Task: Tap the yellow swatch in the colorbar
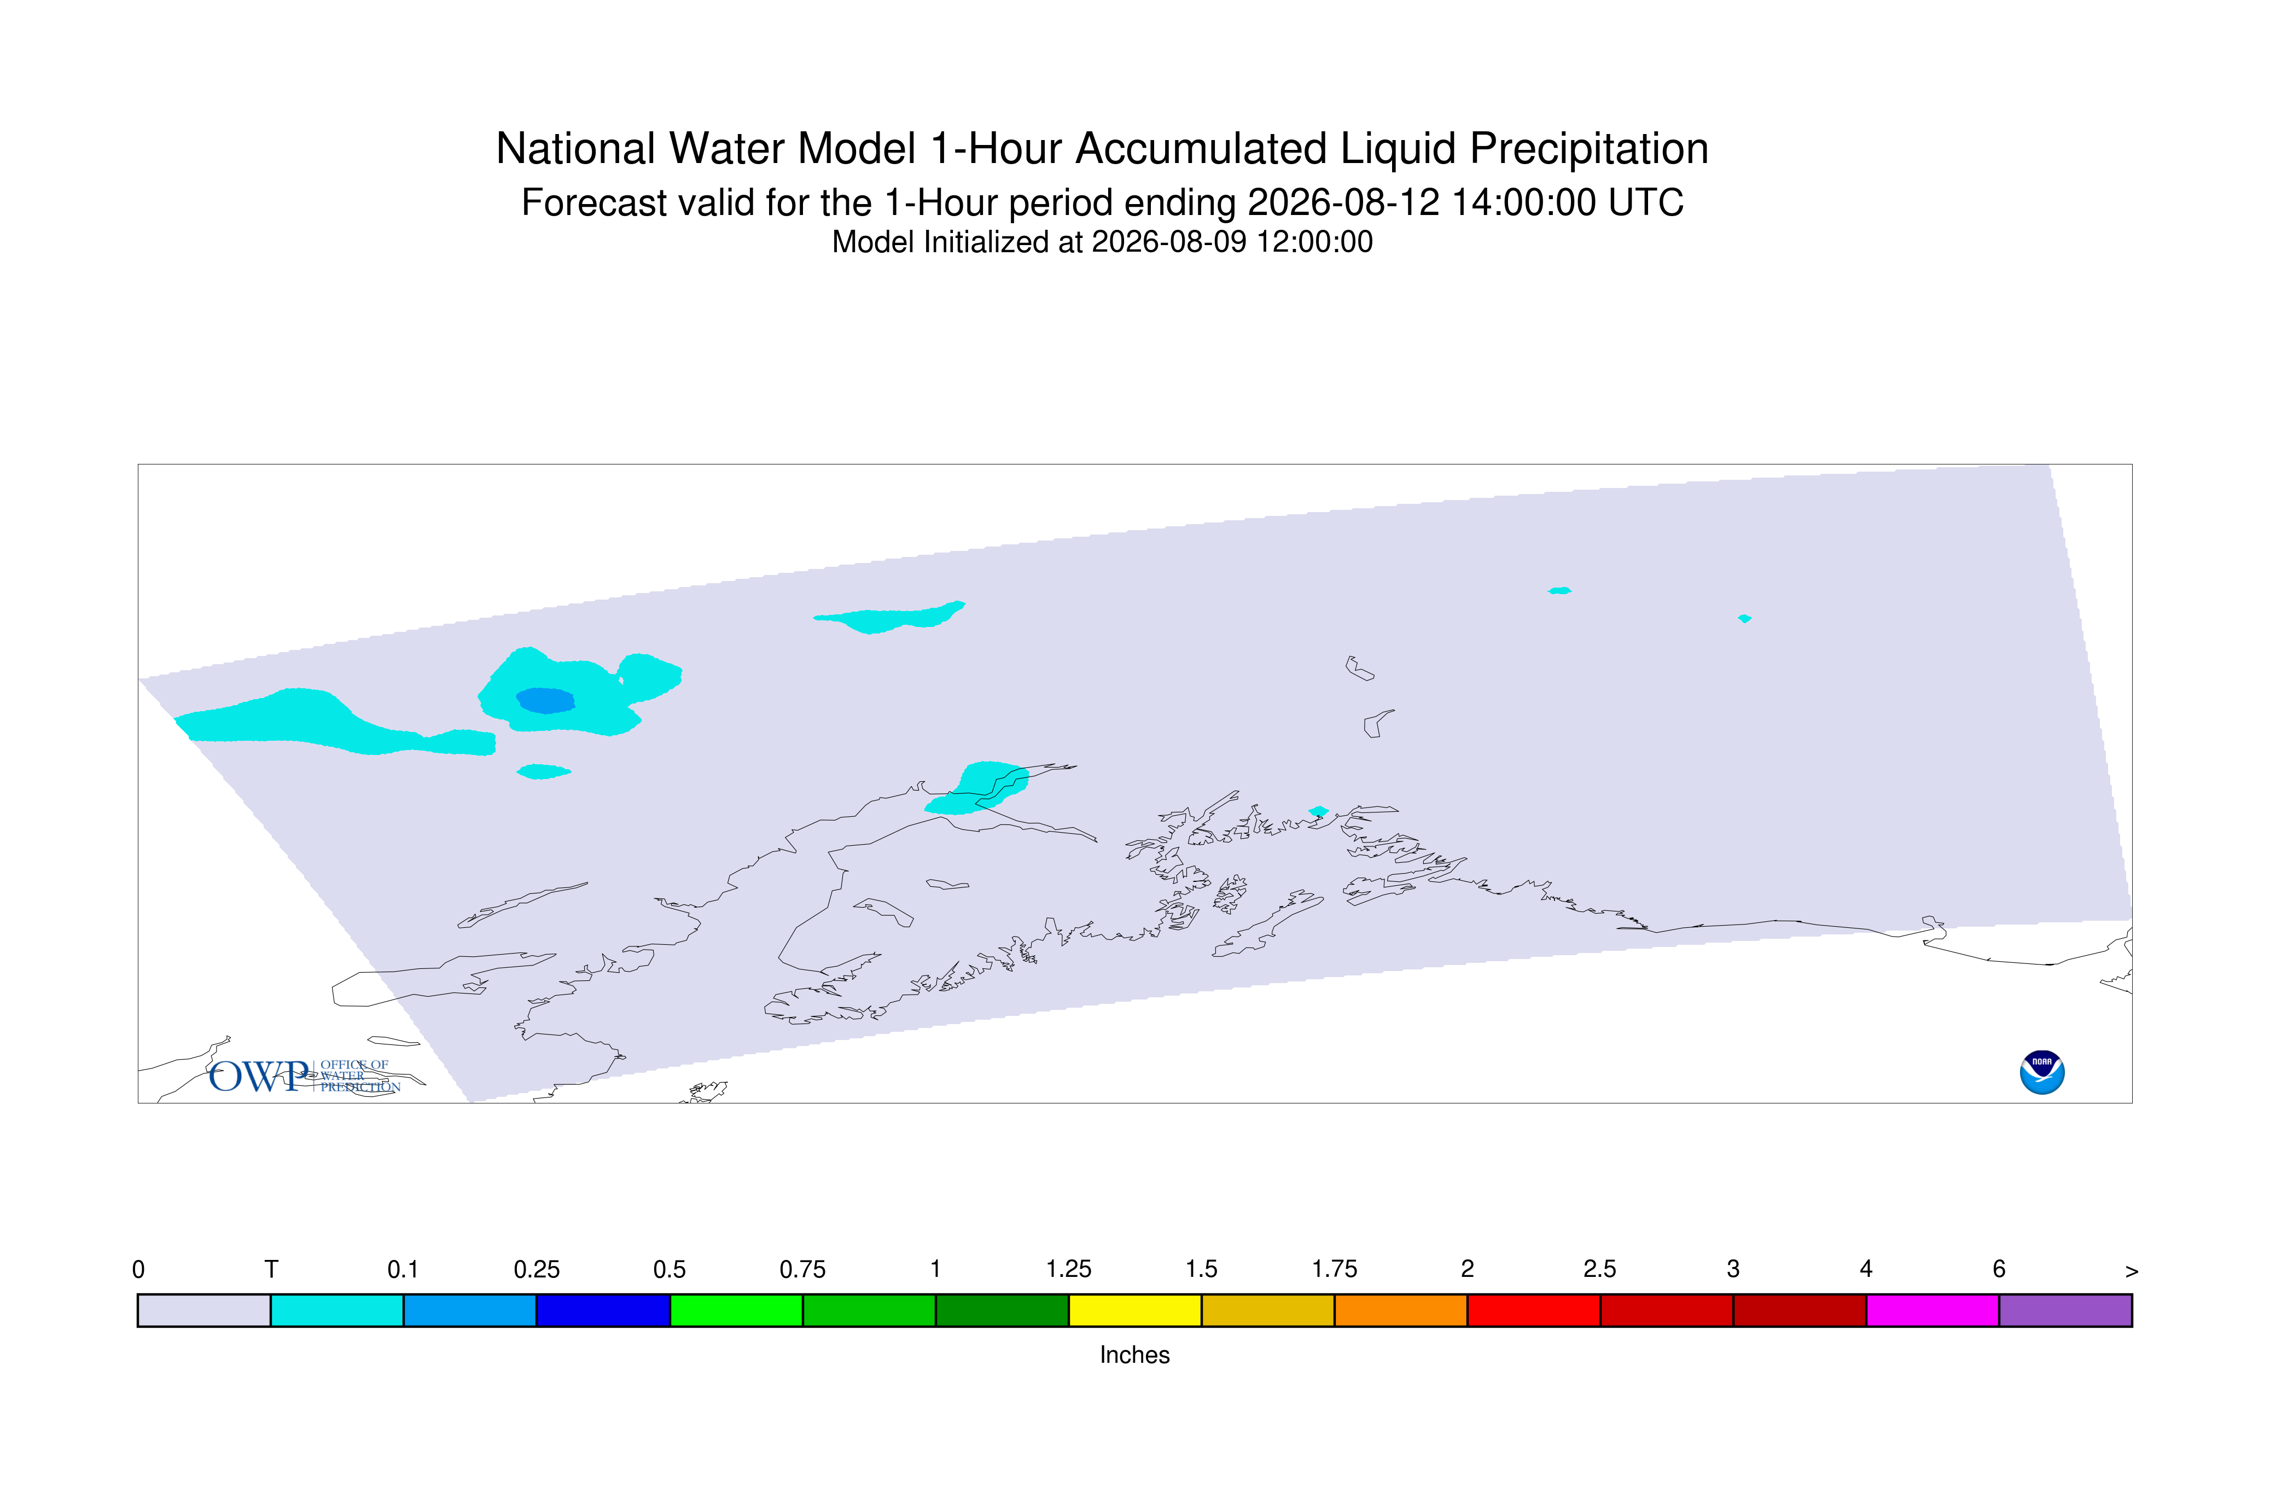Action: [1134, 1310]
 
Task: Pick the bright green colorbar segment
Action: [736, 1310]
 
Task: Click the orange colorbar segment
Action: [1400, 1310]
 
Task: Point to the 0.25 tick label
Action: [536, 1270]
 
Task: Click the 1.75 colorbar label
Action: [1334, 1270]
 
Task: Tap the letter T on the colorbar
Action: [271, 1270]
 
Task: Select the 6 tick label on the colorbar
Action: [1999, 1270]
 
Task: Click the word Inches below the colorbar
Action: [1134, 1355]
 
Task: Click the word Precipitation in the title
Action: [1588, 149]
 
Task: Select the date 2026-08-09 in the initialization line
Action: [1169, 242]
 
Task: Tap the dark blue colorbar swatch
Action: [603, 1310]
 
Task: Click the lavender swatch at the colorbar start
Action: [205, 1310]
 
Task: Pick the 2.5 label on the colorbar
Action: [1600, 1270]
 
